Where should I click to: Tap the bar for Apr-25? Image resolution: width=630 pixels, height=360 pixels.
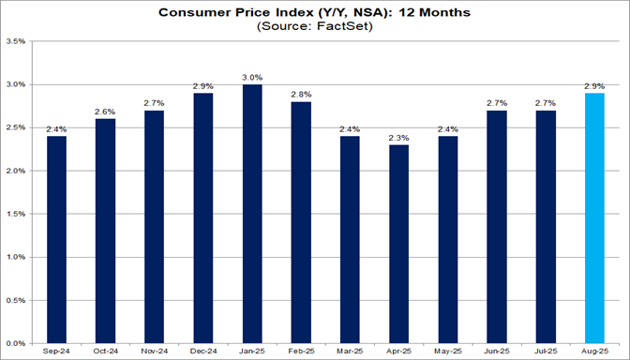point(399,244)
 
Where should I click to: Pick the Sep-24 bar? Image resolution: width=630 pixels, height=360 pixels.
point(56,240)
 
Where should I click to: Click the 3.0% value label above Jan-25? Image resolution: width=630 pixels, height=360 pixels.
point(252,77)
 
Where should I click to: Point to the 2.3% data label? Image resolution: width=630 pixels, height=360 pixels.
point(399,137)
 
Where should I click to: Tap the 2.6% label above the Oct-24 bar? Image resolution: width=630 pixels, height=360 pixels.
point(105,112)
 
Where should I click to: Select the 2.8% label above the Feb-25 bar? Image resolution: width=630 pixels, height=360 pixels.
point(301,95)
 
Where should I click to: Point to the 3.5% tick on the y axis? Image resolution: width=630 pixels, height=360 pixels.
point(15,42)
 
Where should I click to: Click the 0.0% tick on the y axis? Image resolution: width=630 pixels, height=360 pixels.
point(15,343)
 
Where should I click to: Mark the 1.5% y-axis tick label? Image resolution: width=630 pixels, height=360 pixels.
point(15,214)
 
